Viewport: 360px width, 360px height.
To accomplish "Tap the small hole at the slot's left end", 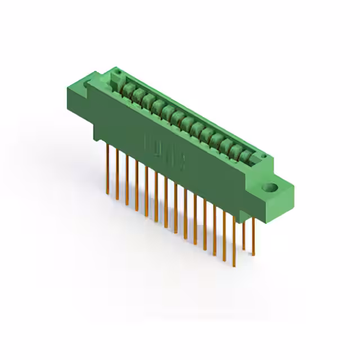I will (x=118, y=73).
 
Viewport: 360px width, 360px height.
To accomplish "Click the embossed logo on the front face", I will (x=166, y=152).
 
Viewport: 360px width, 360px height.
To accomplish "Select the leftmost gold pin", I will (x=107, y=169).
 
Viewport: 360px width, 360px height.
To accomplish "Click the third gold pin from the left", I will (x=127, y=180).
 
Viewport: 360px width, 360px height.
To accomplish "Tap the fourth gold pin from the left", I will (x=136, y=186).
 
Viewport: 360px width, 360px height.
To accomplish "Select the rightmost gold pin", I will (x=253, y=236).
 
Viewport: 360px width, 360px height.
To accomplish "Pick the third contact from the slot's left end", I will (x=147, y=99).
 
